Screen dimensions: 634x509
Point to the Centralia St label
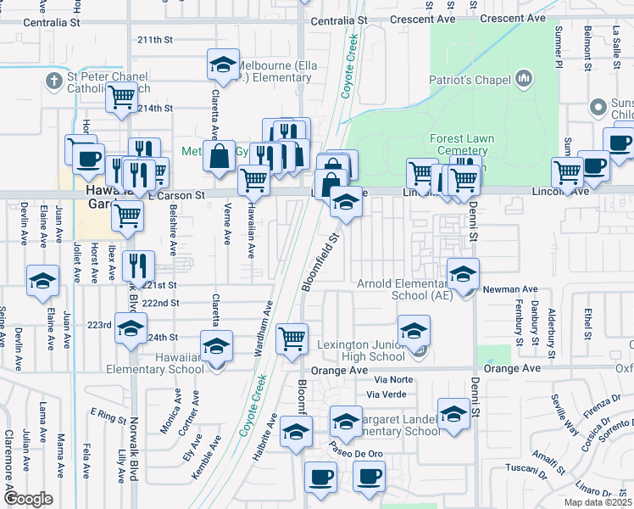point(338,19)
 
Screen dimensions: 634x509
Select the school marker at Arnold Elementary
point(463,274)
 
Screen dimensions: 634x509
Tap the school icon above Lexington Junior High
point(413,330)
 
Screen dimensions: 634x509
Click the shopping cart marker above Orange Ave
point(292,338)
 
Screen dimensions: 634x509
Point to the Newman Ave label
point(506,289)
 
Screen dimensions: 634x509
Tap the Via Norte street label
point(387,380)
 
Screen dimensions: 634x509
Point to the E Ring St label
point(111,416)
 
